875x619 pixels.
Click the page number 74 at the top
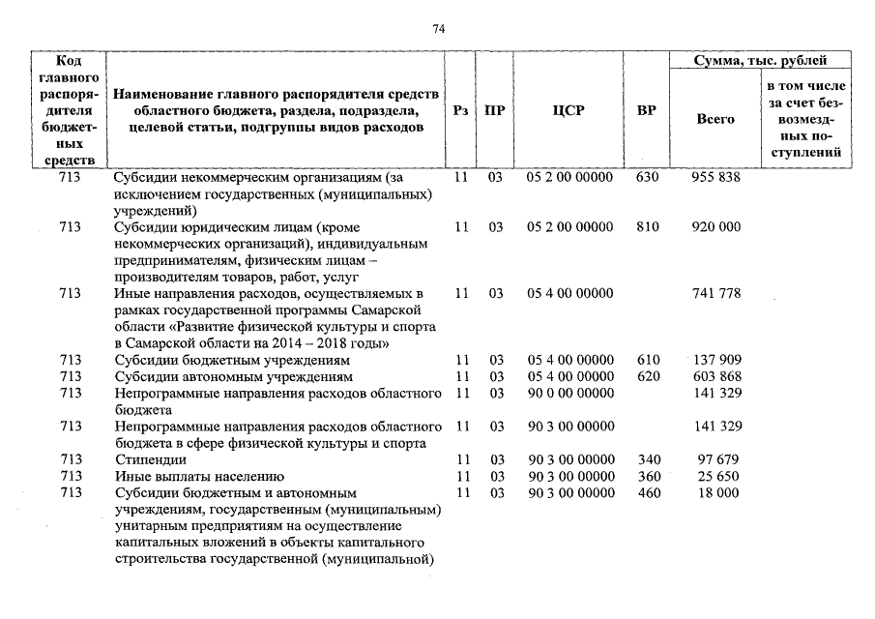(438, 29)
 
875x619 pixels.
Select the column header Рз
(461, 110)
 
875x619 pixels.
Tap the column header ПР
(494, 110)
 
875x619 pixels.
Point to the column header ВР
(647, 110)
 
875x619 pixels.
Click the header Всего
(715, 118)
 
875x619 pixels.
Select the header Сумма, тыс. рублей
(762, 61)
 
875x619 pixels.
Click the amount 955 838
(716, 178)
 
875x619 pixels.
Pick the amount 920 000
(716, 226)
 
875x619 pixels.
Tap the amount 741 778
(716, 293)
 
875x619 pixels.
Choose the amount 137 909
(716, 360)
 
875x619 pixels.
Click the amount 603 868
(716, 375)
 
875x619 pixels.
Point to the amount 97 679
(716, 459)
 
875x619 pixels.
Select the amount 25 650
(716, 476)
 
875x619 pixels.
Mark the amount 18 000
(716, 492)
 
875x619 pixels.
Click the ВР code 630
(648, 178)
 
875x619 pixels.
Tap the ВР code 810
(648, 226)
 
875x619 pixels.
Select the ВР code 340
(648, 459)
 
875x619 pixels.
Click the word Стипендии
(149, 459)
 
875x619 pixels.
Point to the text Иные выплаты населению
(198, 476)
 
